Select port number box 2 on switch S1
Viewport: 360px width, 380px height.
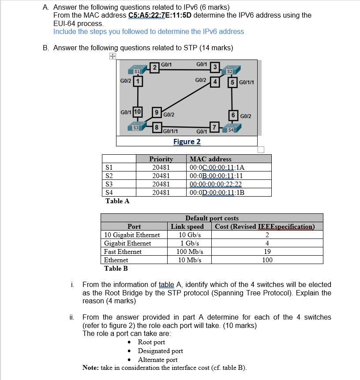pos(154,67)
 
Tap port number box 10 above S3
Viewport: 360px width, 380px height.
pos(137,112)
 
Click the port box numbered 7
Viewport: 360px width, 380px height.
pos(214,128)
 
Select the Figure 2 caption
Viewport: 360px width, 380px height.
pos(187,142)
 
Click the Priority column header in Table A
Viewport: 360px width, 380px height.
pos(161,159)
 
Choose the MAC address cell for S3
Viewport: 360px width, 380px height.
pos(215,184)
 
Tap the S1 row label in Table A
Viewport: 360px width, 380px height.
pos(109,168)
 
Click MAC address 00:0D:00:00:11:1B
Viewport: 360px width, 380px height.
pos(217,193)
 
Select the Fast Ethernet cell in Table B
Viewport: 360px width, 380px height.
pos(123,252)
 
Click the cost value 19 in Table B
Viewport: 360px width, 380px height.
pos(267,252)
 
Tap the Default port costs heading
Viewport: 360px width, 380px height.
pos(212,218)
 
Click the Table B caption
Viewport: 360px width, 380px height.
pos(116,268)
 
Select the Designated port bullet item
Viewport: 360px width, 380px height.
pos(160,351)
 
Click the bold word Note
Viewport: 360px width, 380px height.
pos(90,368)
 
